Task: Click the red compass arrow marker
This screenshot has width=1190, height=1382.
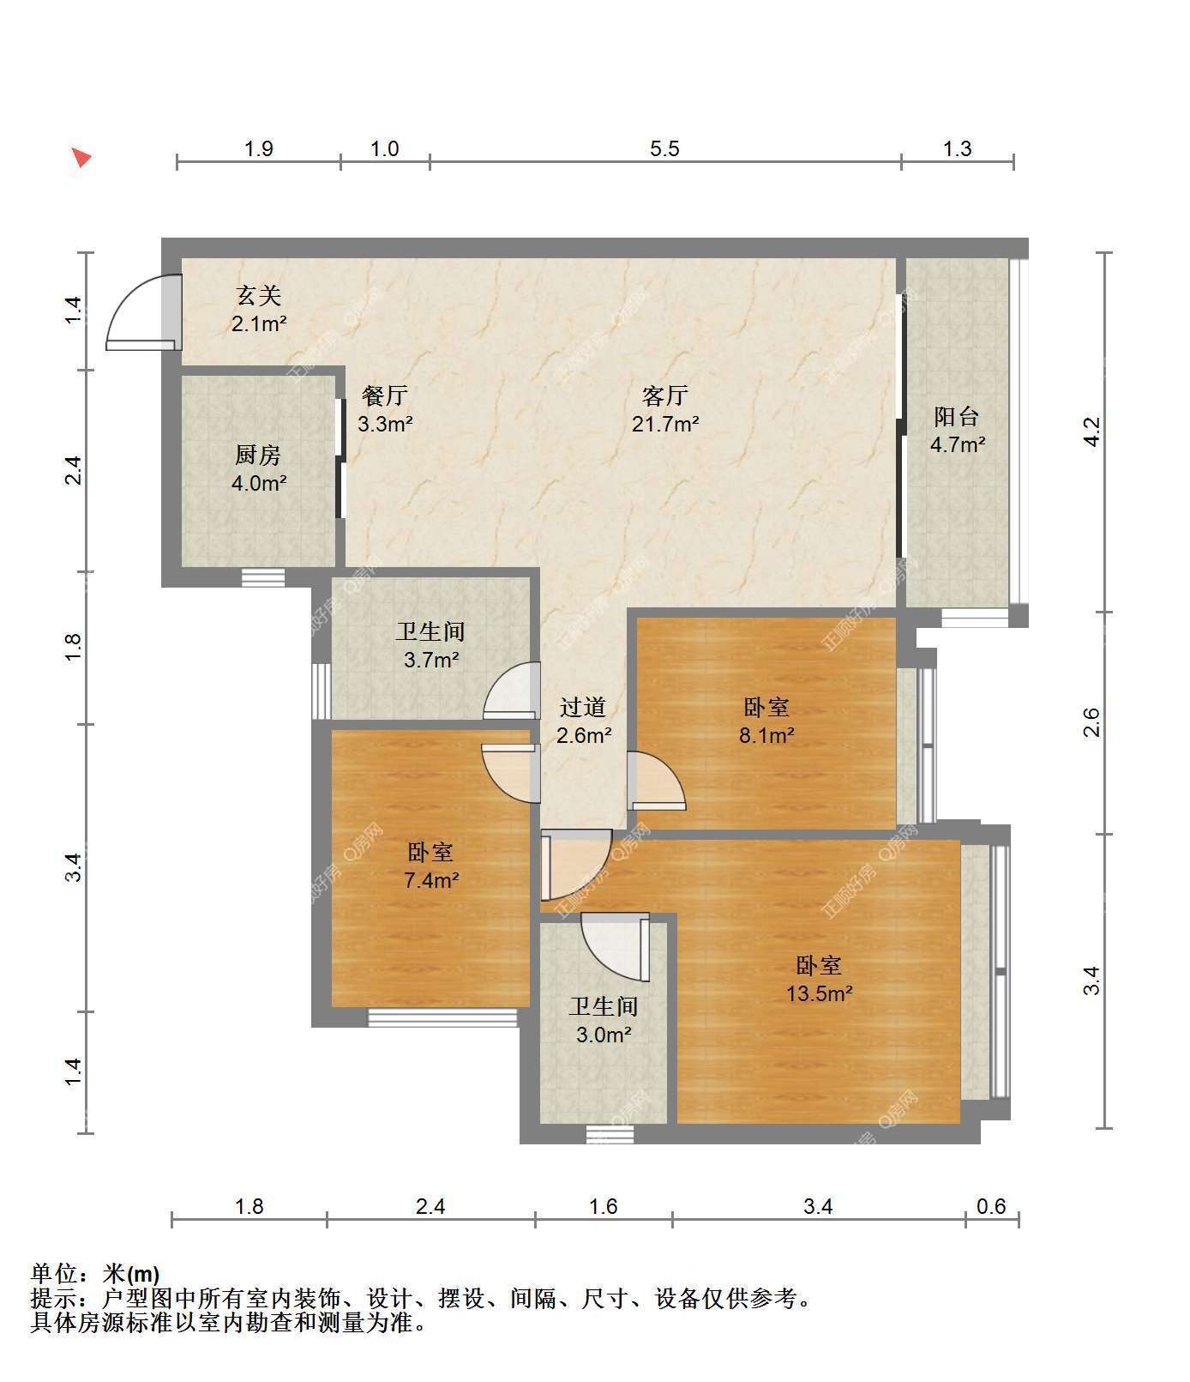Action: pos(81,158)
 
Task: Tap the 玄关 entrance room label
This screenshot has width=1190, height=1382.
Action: pos(258,296)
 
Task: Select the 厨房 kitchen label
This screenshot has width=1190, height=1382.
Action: pos(258,455)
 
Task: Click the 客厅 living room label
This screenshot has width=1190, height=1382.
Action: pos(664,395)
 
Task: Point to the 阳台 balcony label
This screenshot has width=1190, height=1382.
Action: pos(957,417)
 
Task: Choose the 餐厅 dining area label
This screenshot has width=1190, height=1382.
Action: pos(385,395)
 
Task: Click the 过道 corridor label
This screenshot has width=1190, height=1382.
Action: pos(583,707)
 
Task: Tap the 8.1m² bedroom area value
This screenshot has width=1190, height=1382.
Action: pos(766,735)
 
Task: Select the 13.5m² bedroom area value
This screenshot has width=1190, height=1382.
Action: pos(820,993)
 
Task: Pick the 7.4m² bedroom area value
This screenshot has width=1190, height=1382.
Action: pos(430,880)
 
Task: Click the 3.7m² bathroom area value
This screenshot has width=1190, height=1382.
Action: pos(431,660)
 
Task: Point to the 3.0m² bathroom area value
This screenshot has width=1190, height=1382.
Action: pos(604,1035)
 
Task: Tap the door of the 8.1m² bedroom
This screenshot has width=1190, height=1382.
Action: pos(657,781)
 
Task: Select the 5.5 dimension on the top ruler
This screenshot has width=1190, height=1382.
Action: pos(664,149)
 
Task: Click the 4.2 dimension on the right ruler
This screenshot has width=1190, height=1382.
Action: pos(1091,431)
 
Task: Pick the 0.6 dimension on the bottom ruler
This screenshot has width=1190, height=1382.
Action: pos(991,1206)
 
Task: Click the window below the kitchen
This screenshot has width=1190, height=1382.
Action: pos(263,577)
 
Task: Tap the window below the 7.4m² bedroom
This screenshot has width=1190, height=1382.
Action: pos(443,1017)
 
